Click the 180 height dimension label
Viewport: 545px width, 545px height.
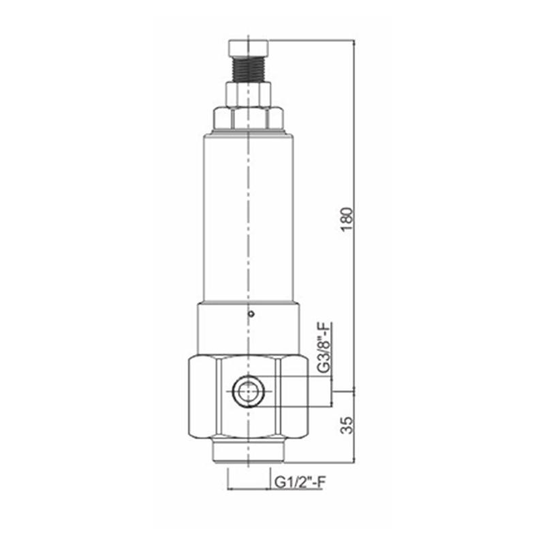347,219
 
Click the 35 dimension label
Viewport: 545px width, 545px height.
347,425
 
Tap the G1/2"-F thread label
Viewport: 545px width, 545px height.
300,482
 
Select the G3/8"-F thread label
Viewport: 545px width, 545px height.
324,348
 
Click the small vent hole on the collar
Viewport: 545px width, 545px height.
251,314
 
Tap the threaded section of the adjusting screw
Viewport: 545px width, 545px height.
248,69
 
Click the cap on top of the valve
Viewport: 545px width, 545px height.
248,48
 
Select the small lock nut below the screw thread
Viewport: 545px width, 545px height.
248,95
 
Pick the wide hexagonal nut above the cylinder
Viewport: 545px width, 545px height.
248,119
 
